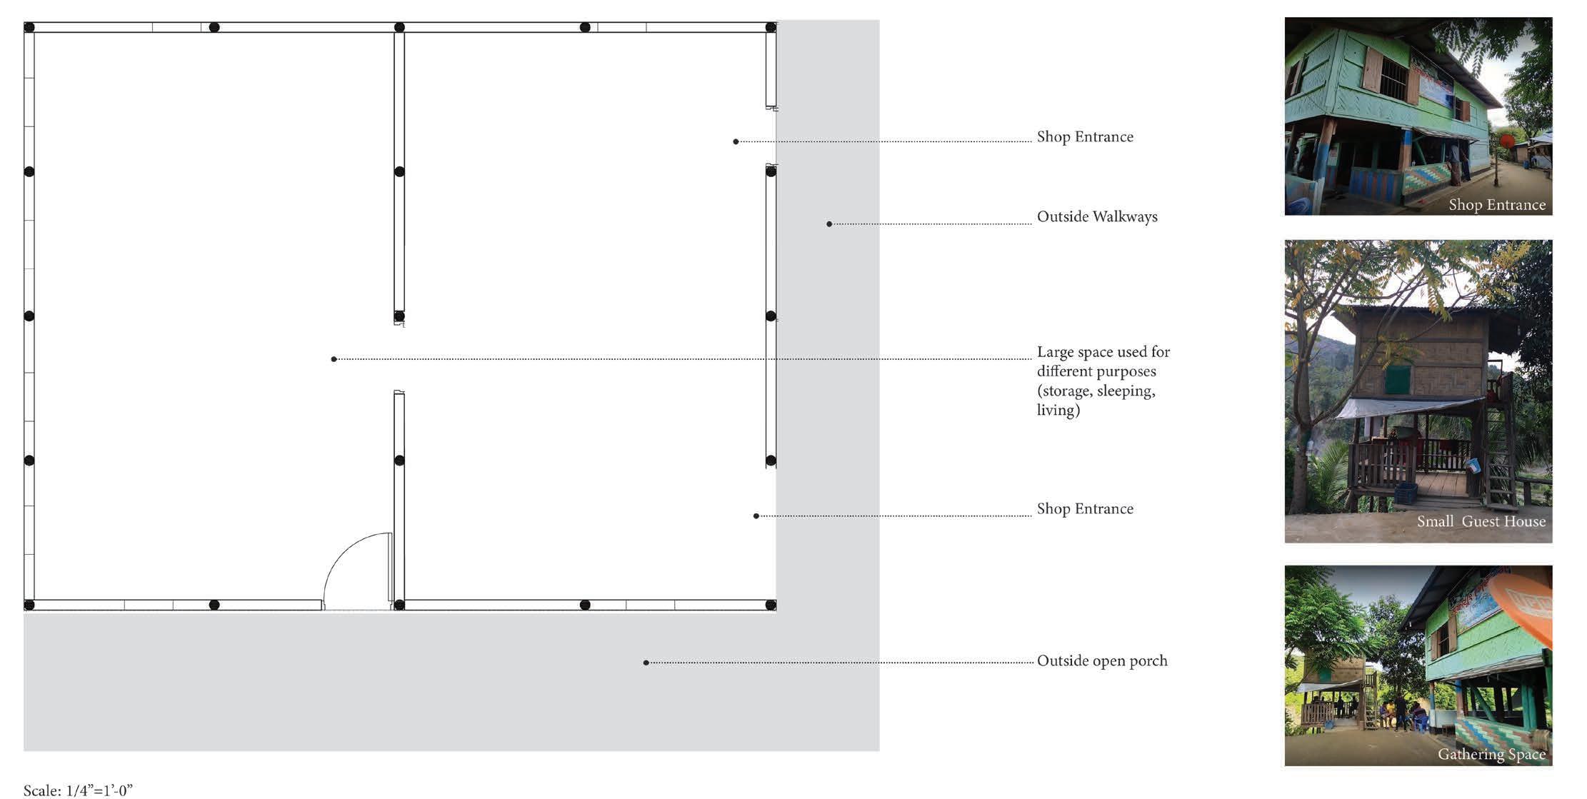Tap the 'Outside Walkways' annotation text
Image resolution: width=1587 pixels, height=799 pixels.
pyautogui.click(x=1096, y=217)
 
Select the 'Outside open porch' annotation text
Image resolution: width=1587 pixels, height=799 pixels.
pyautogui.click(x=1101, y=661)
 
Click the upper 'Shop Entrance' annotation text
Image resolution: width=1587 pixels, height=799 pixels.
pyautogui.click(x=1084, y=137)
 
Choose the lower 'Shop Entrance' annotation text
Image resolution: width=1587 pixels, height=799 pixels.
pyautogui.click(x=1084, y=509)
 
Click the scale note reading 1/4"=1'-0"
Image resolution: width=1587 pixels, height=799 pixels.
pyautogui.click(x=78, y=790)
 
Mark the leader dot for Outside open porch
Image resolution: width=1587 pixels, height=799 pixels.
pyautogui.click(x=646, y=663)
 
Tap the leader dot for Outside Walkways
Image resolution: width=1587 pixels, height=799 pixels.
pyautogui.click(x=829, y=224)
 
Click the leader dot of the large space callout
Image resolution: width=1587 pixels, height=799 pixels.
pyautogui.click(x=334, y=359)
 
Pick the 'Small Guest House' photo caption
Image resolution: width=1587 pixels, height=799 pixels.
pyautogui.click(x=1481, y=522)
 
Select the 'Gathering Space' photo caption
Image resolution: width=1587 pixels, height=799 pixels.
pyautogui.click(x=1491, y=755)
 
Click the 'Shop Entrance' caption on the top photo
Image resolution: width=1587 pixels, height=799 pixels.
pyautogui.click(x=1496, y=206)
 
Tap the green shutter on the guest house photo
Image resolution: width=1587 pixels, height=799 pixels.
pyautogui.click(x=1397, y=380)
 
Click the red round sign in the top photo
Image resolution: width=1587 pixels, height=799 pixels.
pyautogui.click(x=1507, y=141)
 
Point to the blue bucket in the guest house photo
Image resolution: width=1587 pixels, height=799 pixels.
pyautogui.click(x=1473, y=466)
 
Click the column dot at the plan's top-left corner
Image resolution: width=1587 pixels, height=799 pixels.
pyautogui.click(x=29, y=27)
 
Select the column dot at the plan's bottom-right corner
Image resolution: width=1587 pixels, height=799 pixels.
pyautogui.click(x=771, y=605)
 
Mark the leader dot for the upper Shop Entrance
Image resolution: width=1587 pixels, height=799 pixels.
pyautogui.click(x=736, y=141)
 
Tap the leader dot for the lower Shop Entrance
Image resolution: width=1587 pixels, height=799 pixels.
pyautogui.click(x=756, y=516)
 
